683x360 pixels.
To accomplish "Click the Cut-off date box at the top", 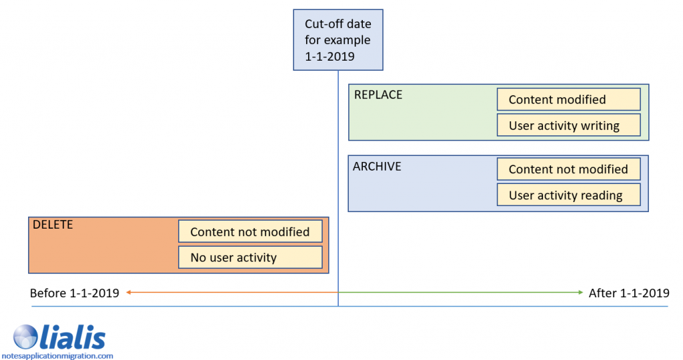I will click(338, 40).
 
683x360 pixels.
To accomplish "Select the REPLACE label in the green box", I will click(378, 95).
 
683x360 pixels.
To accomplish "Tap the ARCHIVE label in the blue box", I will click(377, 166).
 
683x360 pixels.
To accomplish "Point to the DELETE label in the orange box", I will click(53, 225).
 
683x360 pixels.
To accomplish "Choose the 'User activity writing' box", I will click(568, 125).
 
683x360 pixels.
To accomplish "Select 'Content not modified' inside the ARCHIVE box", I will click(568, 169).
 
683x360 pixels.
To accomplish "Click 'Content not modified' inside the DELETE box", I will click(250, 232).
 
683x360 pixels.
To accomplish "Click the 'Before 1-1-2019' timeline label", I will click(75, 293).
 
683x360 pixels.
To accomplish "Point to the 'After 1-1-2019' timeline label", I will click(629, 293).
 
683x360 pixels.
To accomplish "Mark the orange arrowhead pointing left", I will click(128, 293).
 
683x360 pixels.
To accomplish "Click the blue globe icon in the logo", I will click(26, 337).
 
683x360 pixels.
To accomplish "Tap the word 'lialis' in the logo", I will click(73, 337).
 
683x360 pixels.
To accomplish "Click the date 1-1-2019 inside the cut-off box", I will click(329, 57).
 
